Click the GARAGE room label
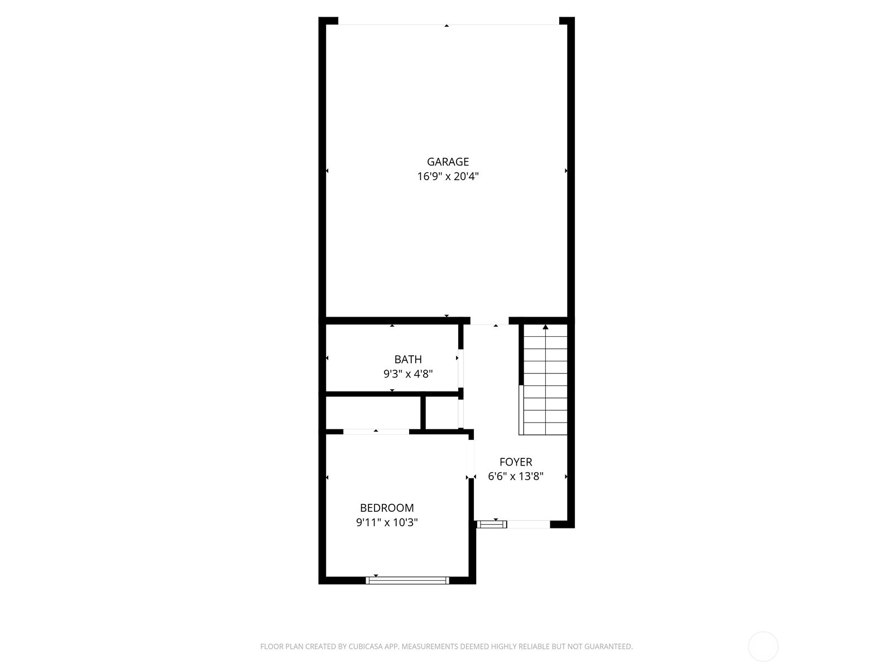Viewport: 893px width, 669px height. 448,162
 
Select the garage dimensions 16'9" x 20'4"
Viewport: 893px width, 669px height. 448,176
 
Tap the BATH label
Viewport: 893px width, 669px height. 407,359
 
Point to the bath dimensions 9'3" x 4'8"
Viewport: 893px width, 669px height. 407,374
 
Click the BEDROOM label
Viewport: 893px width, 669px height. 386,508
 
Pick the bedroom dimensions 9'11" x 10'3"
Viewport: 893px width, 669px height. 386,522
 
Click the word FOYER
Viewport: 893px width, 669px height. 516,462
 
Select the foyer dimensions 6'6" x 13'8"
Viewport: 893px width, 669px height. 516,476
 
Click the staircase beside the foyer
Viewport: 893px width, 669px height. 545,380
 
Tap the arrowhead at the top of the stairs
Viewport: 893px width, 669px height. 545,327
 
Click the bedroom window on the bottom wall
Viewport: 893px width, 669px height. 407,580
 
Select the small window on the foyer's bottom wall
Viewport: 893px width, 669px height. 492,525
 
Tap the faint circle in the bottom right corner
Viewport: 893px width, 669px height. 763,647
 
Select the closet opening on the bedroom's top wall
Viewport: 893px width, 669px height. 376,432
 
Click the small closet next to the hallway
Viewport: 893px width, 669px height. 442,413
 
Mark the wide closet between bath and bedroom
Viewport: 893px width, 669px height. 373,413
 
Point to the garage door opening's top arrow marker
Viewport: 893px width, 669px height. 446,26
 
